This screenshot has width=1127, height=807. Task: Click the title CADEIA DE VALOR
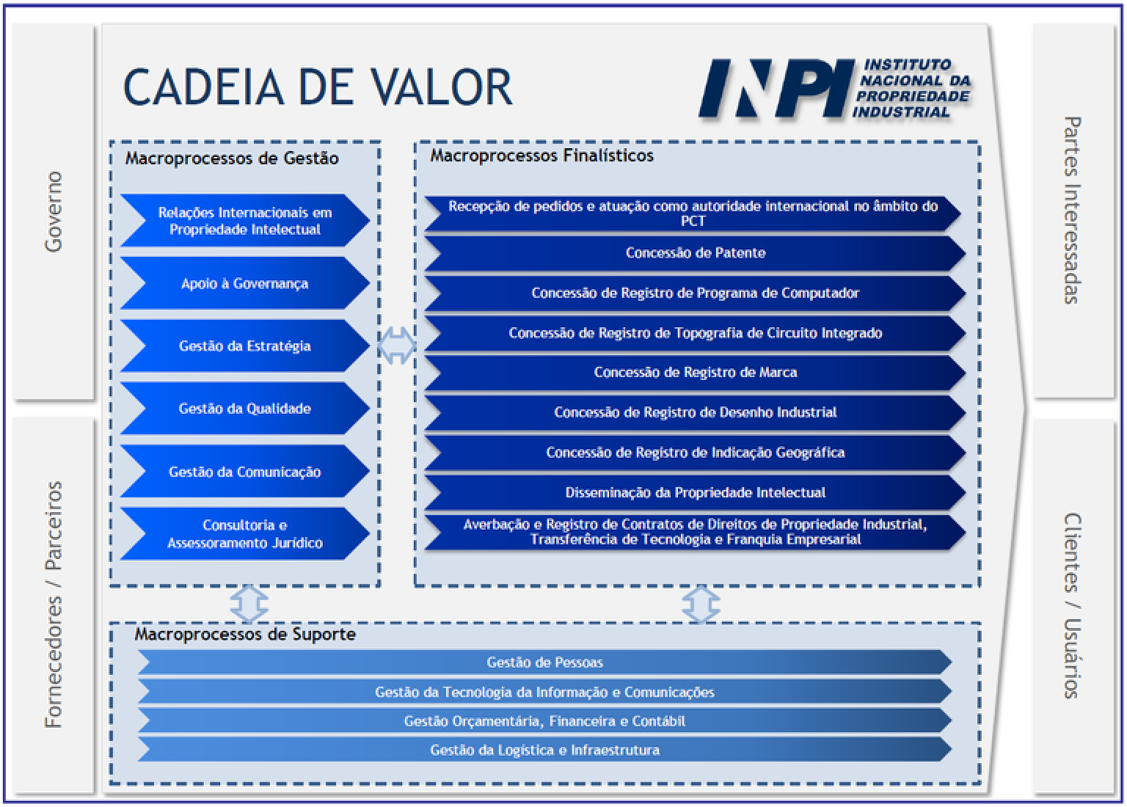click(x=318, y=87)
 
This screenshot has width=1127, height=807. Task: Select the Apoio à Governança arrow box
click(x=244, y=283)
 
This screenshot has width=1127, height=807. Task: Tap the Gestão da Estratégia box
click(x=244, y=346)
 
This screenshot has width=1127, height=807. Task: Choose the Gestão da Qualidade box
click(x=244, y=409)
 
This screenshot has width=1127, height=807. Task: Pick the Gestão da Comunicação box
click(x=244, y=472)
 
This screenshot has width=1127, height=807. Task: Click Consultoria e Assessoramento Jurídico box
click(x=244, y=534)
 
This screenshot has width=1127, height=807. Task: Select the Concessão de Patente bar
click(x=695, y=253)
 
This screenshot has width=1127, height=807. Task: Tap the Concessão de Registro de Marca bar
click(x=695, y=373)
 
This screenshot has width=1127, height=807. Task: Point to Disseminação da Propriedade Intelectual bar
click(x=695, y=492)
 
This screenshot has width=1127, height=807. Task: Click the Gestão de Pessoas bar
click(x=544, y=662)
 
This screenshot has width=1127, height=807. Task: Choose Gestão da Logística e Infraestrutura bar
click(x=544, y=750)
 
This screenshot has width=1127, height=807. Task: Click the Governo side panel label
click(x=53, y=212)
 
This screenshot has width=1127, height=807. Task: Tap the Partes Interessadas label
click(x=1072, y=210)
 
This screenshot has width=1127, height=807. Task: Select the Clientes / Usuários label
click(x=1072, y=605)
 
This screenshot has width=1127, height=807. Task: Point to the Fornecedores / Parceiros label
click(x=53, y=605)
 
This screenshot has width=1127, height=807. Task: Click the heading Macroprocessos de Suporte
click(x=244, y=635)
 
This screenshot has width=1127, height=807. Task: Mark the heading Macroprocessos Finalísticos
click(x=541, y=156)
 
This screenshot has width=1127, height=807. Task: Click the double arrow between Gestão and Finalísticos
click(x=397, y=346)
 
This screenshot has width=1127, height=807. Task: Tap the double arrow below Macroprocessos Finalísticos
click(x=701, y=605)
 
